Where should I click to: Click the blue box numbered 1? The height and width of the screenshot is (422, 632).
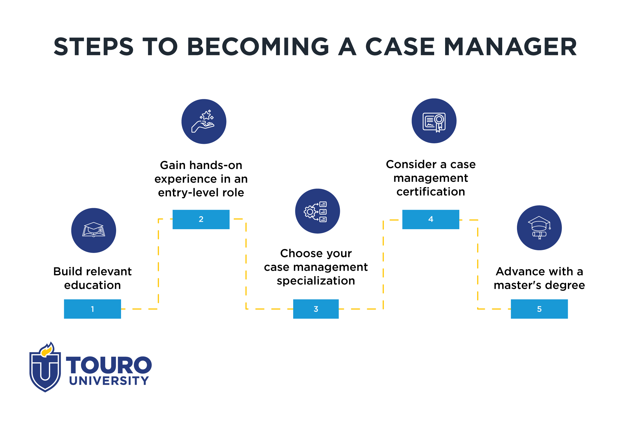pos(92,309)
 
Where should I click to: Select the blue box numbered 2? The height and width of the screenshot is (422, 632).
pos(201,219)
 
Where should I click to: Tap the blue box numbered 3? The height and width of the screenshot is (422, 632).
pos(316,309)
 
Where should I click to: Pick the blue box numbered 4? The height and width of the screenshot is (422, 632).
pos(431,219)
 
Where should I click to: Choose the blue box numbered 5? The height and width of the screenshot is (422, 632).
pos(539,309)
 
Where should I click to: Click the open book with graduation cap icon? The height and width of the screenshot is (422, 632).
pos(94,229)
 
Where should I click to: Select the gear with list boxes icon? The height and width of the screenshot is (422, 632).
pos(316,212)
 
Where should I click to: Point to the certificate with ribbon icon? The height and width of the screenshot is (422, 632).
pos(434,122)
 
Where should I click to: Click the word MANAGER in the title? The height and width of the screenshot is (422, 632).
pos(510,47)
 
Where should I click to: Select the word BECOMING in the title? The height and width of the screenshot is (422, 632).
pos(258,47)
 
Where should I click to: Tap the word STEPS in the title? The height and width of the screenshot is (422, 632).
pos(93,47)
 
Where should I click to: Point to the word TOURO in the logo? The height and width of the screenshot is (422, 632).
pos(109,365)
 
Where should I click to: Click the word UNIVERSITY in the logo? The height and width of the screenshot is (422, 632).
pos(109,381)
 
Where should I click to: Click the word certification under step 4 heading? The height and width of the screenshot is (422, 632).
pos(431,192)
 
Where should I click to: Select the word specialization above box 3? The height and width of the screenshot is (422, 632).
pos(316,281)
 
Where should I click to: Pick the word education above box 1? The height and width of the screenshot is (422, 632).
pos(92,285)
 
